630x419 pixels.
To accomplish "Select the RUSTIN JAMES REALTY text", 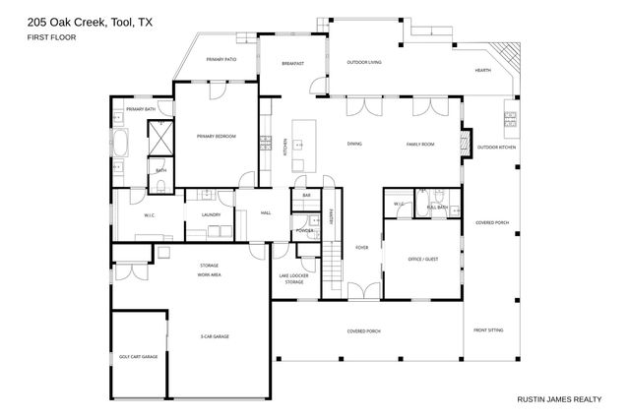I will click(x=559, y=399).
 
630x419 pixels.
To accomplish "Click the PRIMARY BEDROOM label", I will click(x=216, y=137).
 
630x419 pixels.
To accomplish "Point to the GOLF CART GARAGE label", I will click(x=138, y=357).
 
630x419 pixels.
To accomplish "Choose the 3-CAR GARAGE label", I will click(x=215, y=336).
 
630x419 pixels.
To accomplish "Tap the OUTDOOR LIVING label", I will click(x=364, y=63).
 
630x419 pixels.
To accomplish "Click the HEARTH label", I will click(x=483, y=71).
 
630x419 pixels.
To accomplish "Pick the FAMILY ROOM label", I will click(x=420, y=145).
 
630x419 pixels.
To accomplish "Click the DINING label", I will click(x=354, y=145).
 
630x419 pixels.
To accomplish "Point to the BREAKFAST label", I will click(x=292, y=63).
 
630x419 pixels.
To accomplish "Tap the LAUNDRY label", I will click(x=211, y=213).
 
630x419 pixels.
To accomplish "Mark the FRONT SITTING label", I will click(x=487, y=330).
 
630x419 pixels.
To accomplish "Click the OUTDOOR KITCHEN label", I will click(x=496, y=148).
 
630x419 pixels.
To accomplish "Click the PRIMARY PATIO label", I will click(x=221, y=60).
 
